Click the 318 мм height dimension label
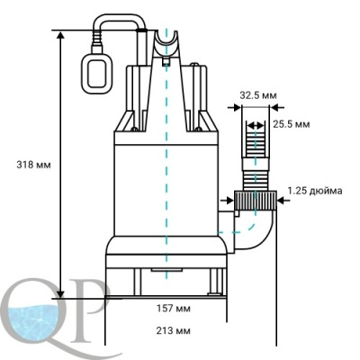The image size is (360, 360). [33, 165]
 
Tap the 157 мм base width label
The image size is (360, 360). [174, 309]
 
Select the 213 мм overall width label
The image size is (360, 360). [174, 331]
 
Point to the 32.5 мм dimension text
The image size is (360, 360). [258, 95]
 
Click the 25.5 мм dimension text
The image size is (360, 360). [292, 124]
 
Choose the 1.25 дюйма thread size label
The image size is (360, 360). [315, 191]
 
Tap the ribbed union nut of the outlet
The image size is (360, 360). [255, 201]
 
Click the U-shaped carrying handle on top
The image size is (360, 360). [166, 44]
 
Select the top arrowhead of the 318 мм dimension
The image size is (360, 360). [60, 35]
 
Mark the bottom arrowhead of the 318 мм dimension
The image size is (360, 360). [60, 293]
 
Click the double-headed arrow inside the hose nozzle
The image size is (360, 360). [256, 126]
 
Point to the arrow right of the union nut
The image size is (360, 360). [283, 201]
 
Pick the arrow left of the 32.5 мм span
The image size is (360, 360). [234, 107]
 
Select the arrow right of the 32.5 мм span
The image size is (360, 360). [276, 107]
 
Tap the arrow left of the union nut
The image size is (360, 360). [227, 201]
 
